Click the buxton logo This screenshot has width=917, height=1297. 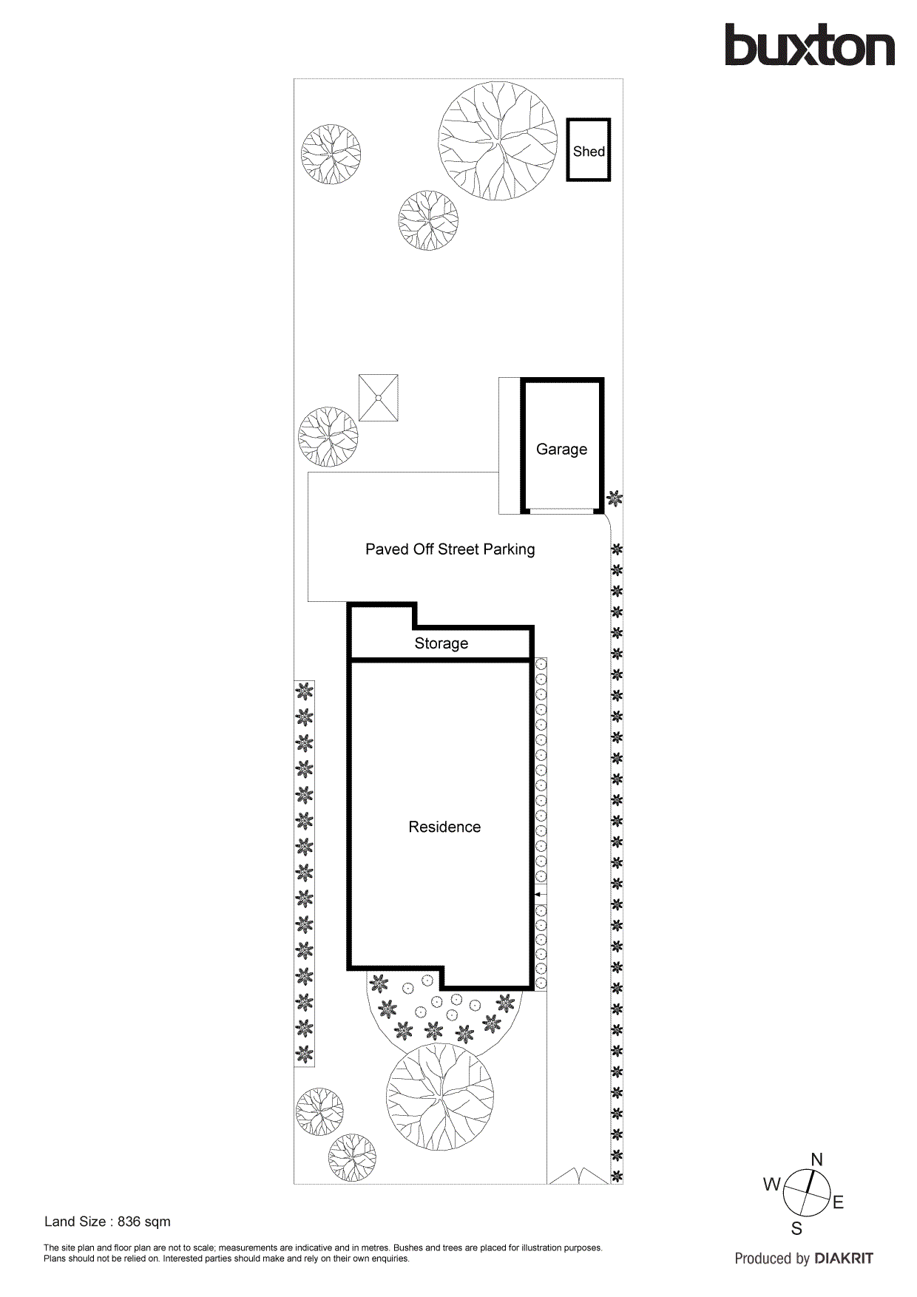pyautogui.click(x=809, y=46)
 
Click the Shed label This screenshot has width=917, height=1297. pyautogui.click(x=589, y=152)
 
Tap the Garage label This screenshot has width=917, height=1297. pyautogui.click(x=561, y=450)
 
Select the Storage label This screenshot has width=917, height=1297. pyautogui.click(x=441, y=643)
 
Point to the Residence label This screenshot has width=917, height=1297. pyautogui.click(x=444, y=827)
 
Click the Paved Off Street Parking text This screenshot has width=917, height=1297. pyautogui.click(x=450, y=549)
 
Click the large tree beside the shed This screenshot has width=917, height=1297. pyautogui.click(x=497, y=140)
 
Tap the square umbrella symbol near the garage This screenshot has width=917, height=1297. pyautogui.click(x=379, y=398)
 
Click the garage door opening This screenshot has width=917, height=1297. pyautogui.click(x=562, y=509)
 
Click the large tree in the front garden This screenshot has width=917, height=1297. pyautogui.click(x=440, y=1097)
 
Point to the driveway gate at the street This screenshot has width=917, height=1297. pyautogui.click(x=579, y=1176)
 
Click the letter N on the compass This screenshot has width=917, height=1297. pyautogui.click(x=817, y=1159)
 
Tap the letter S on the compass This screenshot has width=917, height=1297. pyautogui.click(x=796, y=1229)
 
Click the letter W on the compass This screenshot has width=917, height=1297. pyautogui.click(x=771, y=1185)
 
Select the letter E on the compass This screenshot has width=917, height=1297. pyautogui.click(x=838, y=1202)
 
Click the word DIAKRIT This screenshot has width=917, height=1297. pyautogui.click(x=843, y=1259)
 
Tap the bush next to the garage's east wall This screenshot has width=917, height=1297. pyautogui.click(x=615, y=499)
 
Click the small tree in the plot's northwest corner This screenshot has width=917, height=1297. pyautogui.click(x=331, y=154)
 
